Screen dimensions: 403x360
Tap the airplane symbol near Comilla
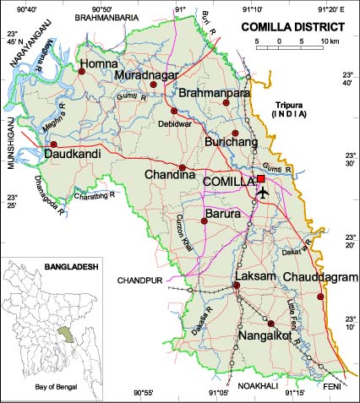[x=262, y=193]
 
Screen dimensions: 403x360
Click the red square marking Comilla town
[x=261, y=179]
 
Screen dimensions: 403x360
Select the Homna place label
[x=100, y=63]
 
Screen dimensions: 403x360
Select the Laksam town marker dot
[x=237, y=286]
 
